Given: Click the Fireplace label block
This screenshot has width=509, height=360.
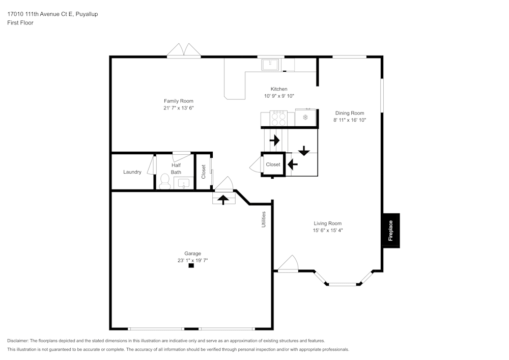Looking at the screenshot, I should click(x=391, y=231).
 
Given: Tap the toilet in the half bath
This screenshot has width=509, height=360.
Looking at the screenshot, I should click(x=164, y=181).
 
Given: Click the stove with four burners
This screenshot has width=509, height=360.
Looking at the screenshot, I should click(x=278, y=118).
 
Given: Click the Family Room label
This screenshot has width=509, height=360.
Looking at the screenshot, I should click(x=178, y=101).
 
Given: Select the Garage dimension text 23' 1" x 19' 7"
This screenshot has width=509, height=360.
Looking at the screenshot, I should click(x=192, y=260).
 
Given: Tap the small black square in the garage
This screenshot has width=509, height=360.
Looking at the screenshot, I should click(x=191, y=265).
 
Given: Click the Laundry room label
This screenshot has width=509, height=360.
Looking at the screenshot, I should click(x=132, y=172).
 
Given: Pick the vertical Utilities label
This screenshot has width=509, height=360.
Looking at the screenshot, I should click(x=264, y=219).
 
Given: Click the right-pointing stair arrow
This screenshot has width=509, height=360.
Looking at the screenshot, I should click(x=275, y=140).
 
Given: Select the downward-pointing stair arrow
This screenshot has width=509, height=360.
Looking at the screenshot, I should click(x=304, y=151).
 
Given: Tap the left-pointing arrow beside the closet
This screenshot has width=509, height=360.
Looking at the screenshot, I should click(x=293, y=164).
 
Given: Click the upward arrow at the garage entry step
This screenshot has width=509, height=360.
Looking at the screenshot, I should click(x=223, y=199).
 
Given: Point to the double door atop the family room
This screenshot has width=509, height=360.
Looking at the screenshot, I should click(x=184, y=50).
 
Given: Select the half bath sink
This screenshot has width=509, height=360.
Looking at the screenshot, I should click(x=184, y=183).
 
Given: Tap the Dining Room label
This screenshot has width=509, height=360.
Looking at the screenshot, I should click(x=349, y=113).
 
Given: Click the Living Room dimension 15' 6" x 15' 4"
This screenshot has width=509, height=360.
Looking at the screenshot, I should click(x=327, y=230).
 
